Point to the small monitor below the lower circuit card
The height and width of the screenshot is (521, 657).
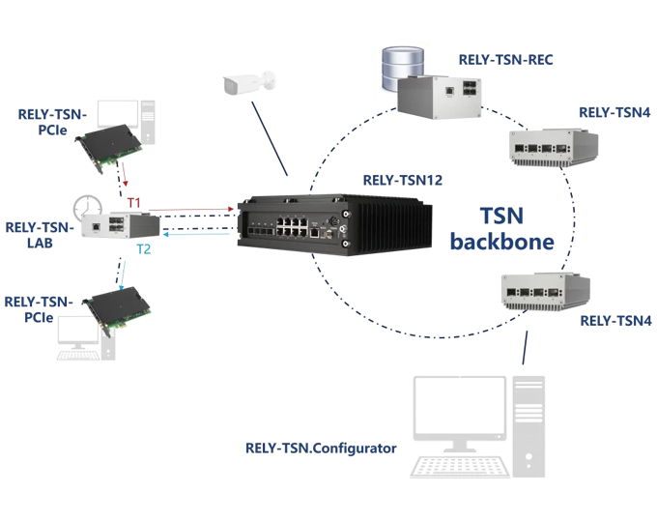[76, 333]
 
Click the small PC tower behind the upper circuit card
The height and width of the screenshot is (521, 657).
[146, 118]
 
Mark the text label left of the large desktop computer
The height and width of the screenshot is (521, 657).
[319, 451]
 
